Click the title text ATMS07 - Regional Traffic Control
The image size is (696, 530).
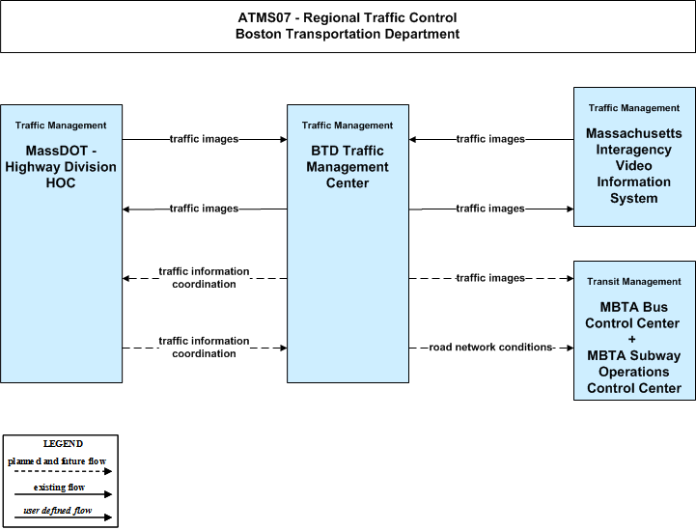(x=348, y=17)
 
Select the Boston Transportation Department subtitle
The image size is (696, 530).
(x=348, y=34)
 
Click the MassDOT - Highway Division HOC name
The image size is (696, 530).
(x=61, y=166)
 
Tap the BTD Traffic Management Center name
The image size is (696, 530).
(x=348, y=166)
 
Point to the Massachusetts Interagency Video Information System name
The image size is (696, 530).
(x=634, y=166)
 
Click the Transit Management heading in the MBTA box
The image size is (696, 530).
(x=634, y=282)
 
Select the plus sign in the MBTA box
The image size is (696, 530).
(x=632, y=339)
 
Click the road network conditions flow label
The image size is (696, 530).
(x=490, y=348)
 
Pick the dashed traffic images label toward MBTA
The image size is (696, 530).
(x=490, y=278)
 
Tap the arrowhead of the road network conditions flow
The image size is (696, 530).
(x=570, y=348)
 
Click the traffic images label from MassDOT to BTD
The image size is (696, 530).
(x=205, y=139)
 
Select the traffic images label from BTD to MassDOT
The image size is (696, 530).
(x=205, y=209)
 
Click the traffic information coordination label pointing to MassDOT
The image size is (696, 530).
(x=205, y=277)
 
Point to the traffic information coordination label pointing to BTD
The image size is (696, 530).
(x=205, y=348)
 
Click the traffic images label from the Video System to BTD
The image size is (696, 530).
(x=490, y=139)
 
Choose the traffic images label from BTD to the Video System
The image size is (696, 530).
(x=490, y=209)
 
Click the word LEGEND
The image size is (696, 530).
(x=63, y=444)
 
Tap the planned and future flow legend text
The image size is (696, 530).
(x=57, y=461)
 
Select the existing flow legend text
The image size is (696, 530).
(x=59, y=488)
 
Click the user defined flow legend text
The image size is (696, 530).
(x=58, y=511)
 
